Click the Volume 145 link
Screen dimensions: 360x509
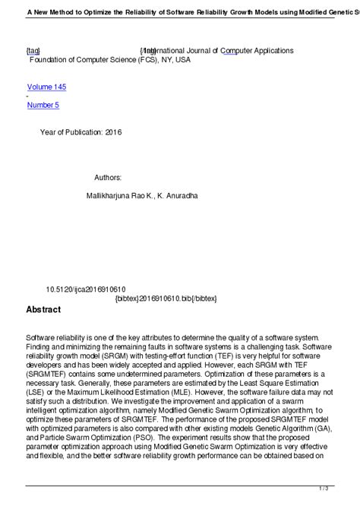[52, 87]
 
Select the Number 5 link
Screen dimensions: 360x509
[43, 105]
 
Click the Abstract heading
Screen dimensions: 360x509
[43, 309]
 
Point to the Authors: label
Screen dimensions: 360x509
[108, 177]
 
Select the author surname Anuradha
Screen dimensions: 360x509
[182, 195]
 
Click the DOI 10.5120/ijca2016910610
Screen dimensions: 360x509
[86, 289]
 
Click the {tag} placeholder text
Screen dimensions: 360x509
[33, 50]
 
